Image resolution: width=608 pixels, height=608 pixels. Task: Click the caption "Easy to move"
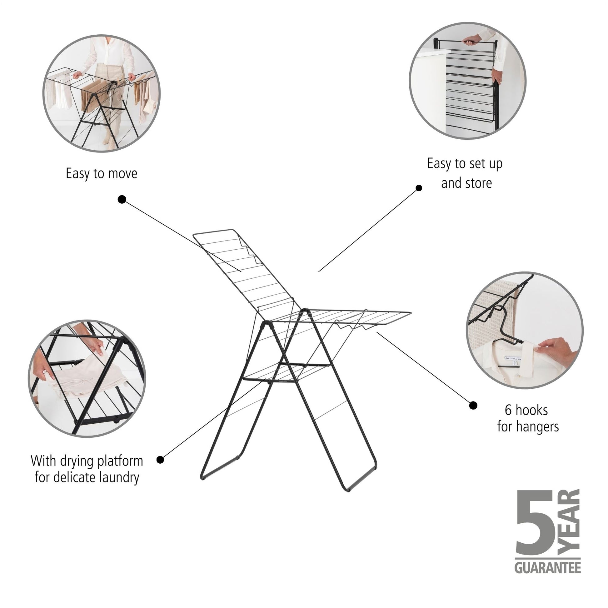click(x=101, y=174)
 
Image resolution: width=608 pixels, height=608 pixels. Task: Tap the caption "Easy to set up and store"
click(x=465, y=173)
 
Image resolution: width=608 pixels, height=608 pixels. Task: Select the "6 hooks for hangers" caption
click(x=528, y=419)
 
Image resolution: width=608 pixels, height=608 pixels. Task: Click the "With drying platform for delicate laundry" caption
click(x=87, y=469)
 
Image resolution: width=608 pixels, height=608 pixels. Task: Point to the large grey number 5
click(x=535, y=523)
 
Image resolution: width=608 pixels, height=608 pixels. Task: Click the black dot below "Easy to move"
click(x=122, y=199)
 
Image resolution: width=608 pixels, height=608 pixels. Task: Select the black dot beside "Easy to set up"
click(x=419, y=188)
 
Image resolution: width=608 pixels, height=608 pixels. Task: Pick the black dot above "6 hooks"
click(x=473, y=405)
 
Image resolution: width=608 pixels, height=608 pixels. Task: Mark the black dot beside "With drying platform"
click(x=160, y=460)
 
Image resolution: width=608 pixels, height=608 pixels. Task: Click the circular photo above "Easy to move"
click(x=102, y=93)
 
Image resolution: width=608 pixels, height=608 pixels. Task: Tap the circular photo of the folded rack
click(x=468, y=81)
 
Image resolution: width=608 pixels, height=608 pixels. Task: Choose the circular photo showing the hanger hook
click(x=525, y=330)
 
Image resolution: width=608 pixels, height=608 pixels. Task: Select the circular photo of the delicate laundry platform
click(x=87, y=379)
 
